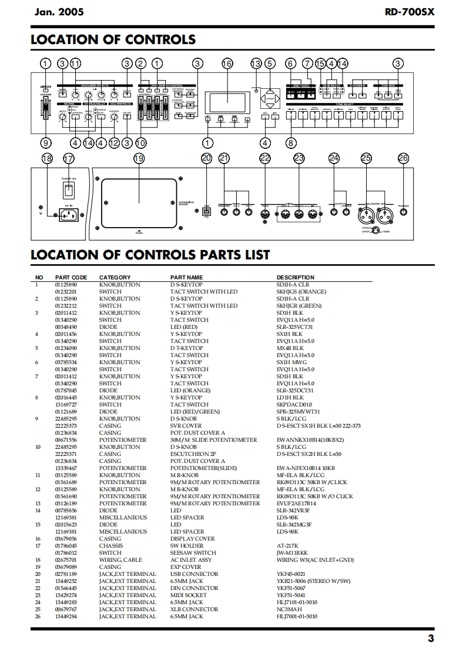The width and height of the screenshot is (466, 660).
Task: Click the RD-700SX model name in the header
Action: [410, 11]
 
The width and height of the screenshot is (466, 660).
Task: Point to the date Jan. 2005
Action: [59, 11]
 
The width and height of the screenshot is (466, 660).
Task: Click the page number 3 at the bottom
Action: [431, 639]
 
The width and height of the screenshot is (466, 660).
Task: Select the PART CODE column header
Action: [71, 277]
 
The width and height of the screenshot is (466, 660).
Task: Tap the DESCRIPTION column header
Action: [295, 277]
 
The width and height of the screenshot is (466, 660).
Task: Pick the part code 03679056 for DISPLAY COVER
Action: [66, 538]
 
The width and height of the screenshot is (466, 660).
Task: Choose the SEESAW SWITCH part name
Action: [193, 552]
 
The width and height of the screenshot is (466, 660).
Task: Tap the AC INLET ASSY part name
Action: [191, 559]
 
